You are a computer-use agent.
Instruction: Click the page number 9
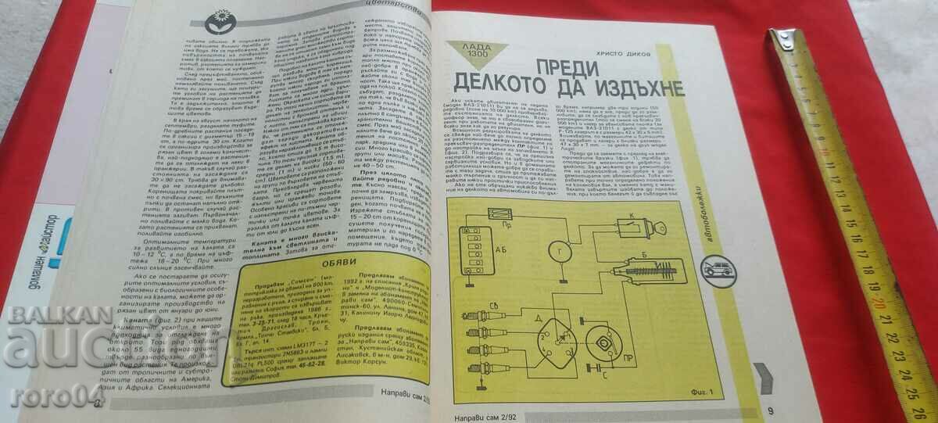point(770,409)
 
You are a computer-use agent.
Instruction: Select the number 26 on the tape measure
point(914,408)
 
